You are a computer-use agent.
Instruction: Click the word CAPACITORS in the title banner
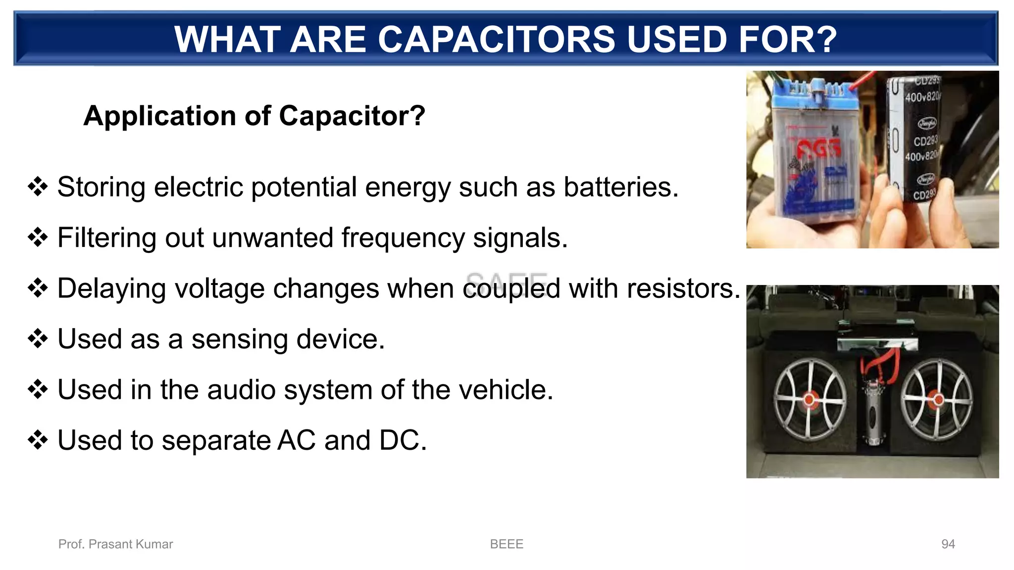[x=497, y=40]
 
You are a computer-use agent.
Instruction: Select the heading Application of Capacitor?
[x=254, y=116]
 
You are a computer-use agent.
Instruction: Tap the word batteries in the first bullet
[x=620, y=188]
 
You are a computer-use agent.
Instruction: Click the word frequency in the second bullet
[x=403, y=238]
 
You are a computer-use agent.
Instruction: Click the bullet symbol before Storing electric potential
[x=38, y=188]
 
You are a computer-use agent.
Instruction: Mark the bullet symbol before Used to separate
[x=38, y=440]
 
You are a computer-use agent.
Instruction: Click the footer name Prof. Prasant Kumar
[x=115, y=544]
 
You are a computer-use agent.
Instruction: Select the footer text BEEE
[x=507, y=544]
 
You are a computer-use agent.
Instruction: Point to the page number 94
[x=948, y=544]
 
